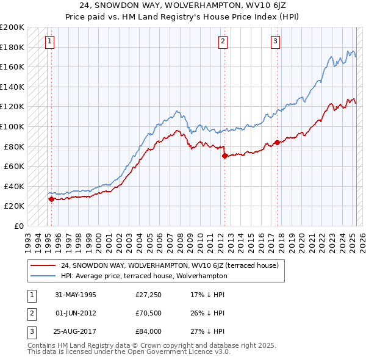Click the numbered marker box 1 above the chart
(49, 41)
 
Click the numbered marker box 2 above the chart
(223, 41)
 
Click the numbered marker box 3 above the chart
(276, 41)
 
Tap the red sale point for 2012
(224, 156)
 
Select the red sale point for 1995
(51, 199)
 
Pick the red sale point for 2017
(277, 142)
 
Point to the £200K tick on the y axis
(12, 27)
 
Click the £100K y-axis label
(12, 126)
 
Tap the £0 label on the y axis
(18, 226)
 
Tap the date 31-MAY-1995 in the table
(76, 295)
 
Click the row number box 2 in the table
(30, 312)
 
